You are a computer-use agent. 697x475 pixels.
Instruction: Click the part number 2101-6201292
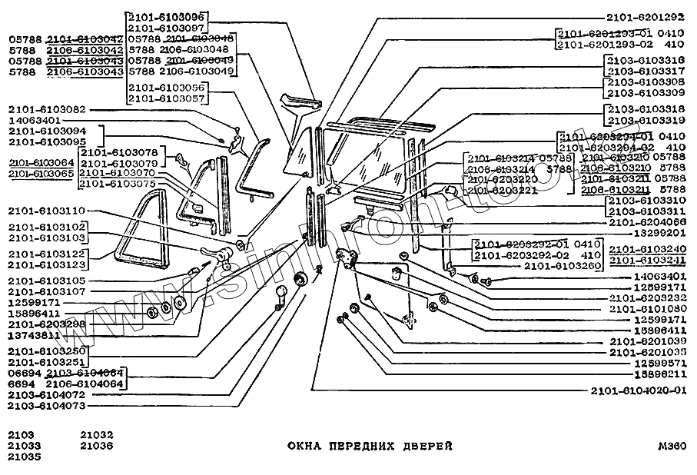tap(645, 17)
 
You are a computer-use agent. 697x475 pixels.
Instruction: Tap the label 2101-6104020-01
tap(637, 390)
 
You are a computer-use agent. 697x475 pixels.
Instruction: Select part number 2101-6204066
tap(645, 221)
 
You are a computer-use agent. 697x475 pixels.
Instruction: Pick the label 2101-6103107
tap(47, 291)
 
